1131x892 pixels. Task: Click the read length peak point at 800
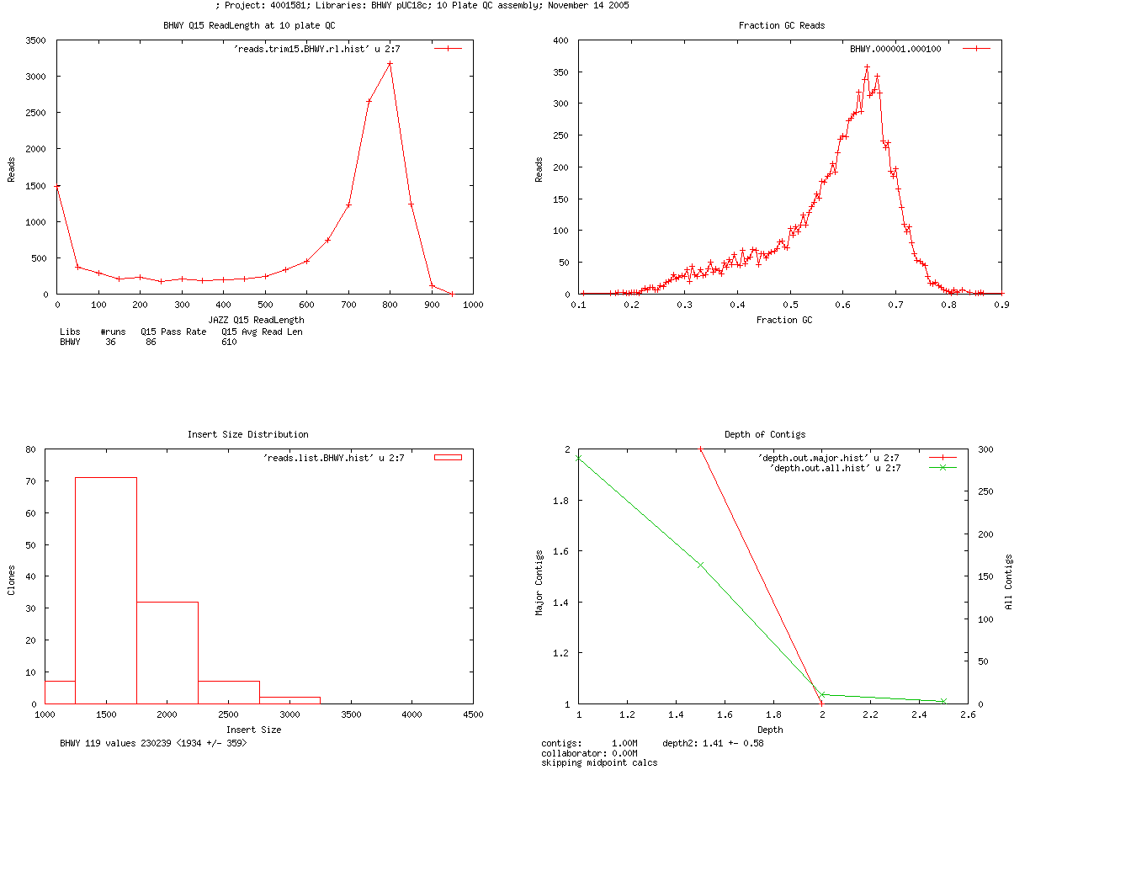390,64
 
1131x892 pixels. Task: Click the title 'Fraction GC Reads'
781,25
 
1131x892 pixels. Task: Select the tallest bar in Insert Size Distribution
106,589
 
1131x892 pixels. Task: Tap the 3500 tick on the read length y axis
36,40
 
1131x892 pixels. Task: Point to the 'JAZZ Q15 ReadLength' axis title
256,320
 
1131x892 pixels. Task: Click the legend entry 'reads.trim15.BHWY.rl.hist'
316,49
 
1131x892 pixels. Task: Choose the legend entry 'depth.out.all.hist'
835,468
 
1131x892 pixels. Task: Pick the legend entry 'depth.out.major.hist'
828,458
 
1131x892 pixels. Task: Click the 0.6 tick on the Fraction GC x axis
843,305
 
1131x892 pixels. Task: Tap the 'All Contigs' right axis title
1009,581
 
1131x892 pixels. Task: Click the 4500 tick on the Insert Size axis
473,714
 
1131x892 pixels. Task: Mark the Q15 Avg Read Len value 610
229,342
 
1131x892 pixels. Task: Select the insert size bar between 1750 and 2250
167,652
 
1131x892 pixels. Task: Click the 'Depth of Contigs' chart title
765,434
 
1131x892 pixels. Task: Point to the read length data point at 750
369,101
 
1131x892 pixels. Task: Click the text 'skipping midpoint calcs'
599,762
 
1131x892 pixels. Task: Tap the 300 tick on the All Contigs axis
985,450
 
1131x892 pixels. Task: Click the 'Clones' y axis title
12,581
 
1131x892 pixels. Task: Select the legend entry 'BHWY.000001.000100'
895,49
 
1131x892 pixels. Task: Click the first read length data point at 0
57,186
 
